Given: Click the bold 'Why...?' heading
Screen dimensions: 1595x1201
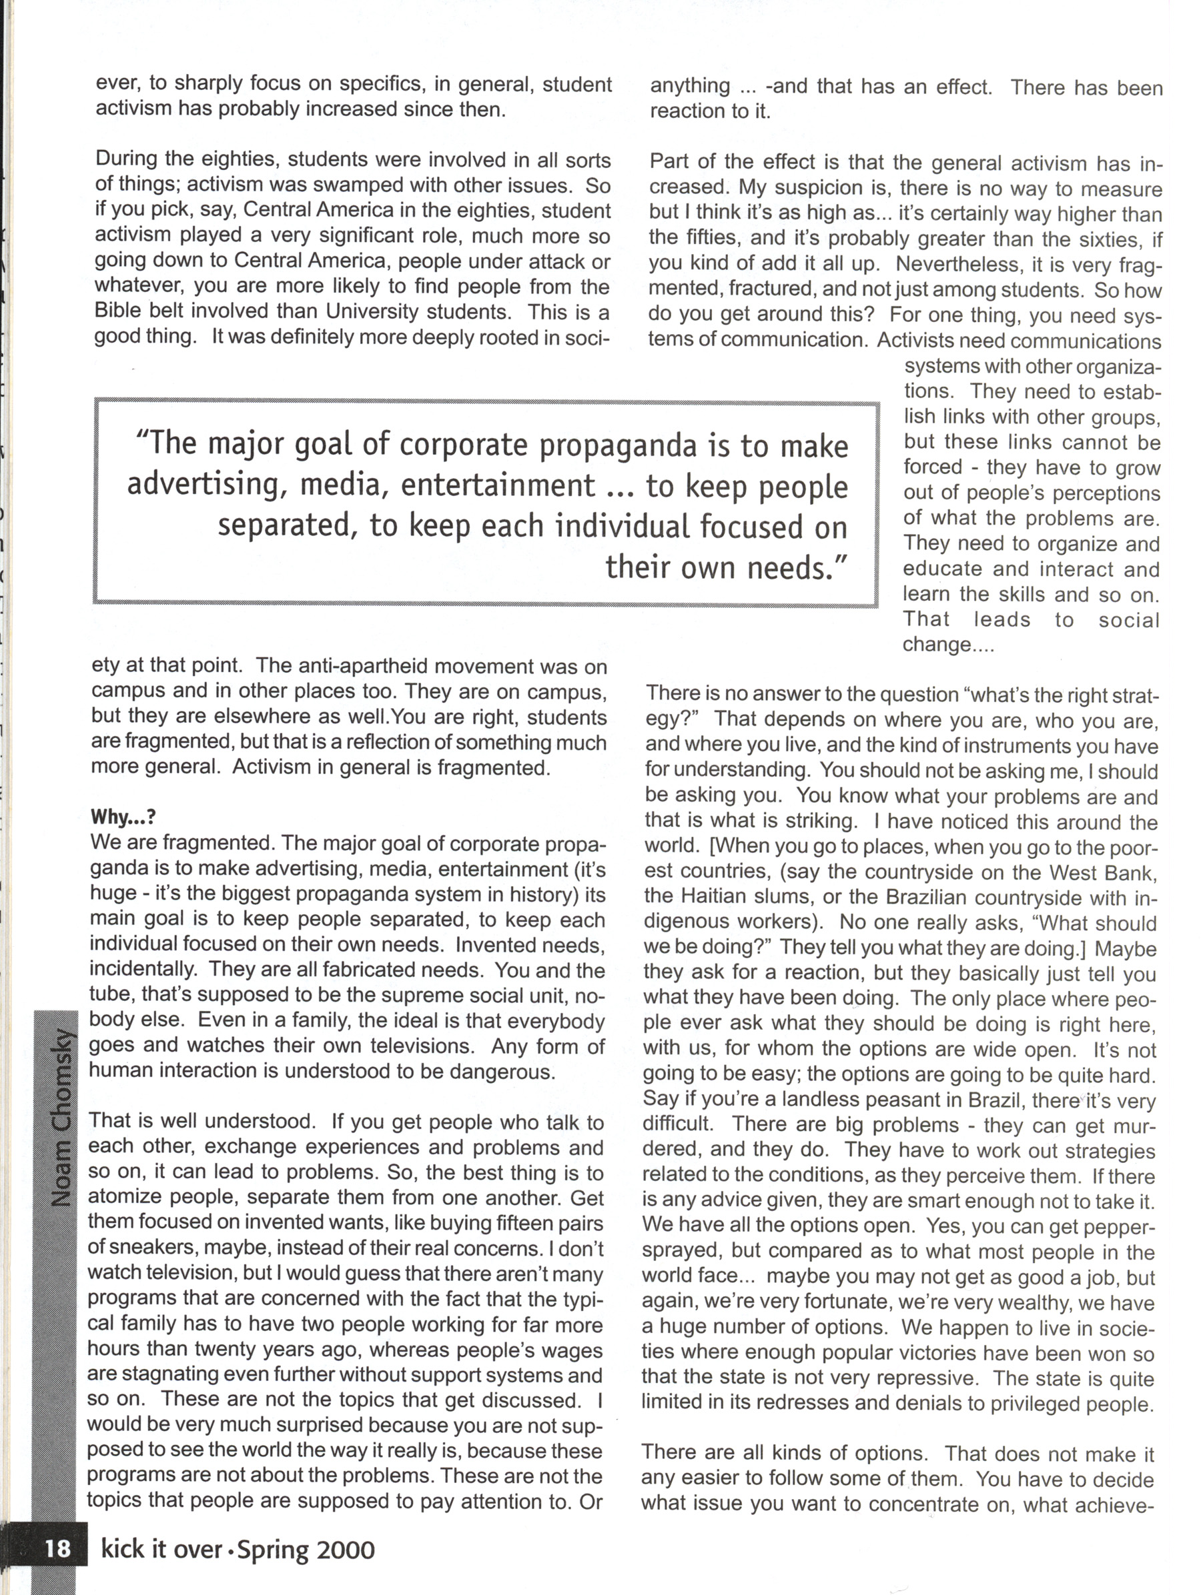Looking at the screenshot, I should coord(123,817).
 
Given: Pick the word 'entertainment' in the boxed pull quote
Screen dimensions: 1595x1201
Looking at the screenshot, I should coord(498,485).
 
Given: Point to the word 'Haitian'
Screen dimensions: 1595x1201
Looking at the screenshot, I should coord(715,898).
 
